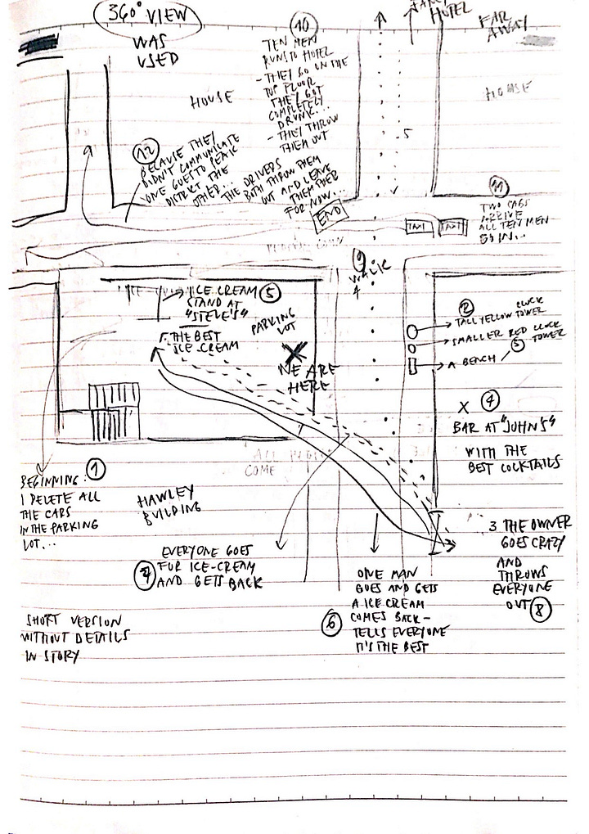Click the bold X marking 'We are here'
pyautogui.click(x=296, y=353)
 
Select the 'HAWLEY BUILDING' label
pyautogui.click(x=169, y=501)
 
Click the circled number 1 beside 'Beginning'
pyautogui.click(x=97, y=469)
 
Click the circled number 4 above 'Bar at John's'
pyautogui.click(x=488, y=401)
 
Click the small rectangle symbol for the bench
pyautogui.click(x=413, y=363)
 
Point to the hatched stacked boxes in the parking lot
pyautogui.click(x=115, y=410)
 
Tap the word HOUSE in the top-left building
pyautogui.click(x=211, y=100)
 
